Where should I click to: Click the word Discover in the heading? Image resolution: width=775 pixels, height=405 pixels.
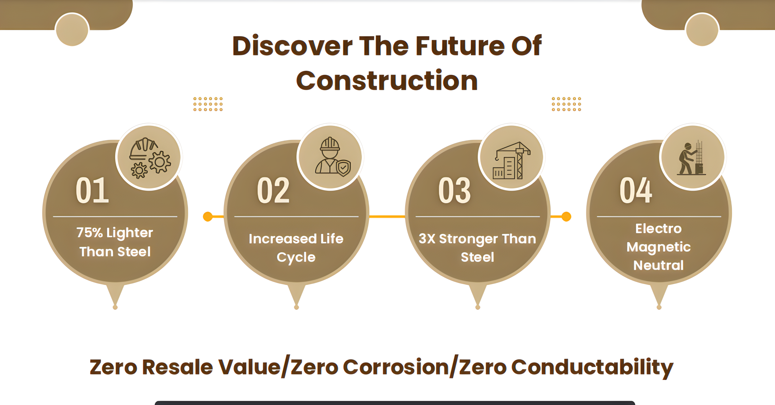292,46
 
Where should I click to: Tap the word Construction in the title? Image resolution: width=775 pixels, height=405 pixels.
387,80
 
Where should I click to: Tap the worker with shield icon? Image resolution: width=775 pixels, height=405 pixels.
333,157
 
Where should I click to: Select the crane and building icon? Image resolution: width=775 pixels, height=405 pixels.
511,160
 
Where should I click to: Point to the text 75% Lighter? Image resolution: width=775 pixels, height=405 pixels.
115,233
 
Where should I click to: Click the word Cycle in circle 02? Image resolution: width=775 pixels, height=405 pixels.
296,257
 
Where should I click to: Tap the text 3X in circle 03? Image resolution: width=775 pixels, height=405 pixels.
427,239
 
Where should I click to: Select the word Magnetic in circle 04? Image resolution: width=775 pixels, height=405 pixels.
658,247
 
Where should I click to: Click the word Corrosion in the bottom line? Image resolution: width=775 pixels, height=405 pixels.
396,367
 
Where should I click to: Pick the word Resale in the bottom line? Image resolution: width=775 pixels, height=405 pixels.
177,367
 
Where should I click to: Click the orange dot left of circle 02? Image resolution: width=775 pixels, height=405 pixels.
208,217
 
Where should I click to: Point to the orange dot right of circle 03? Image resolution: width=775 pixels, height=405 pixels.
566,217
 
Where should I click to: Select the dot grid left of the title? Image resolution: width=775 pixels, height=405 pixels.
208,104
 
